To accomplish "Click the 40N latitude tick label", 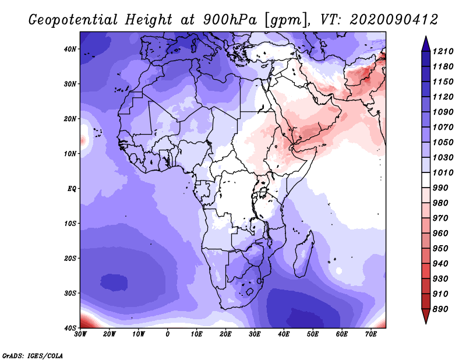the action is (x=70, y=49).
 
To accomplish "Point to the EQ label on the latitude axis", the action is (x=72, y=189).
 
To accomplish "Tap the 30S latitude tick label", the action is (x=70, y=294).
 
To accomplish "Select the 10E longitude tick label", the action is (x=196, y=334).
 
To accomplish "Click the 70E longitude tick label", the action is (x=371, y=334).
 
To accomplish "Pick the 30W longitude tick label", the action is (x=80, y=334).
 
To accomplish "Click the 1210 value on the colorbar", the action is (x=443, y=51).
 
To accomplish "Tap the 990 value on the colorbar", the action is (x=440, y=188).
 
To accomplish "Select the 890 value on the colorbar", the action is (x=440, y=309).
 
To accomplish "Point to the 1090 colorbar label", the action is (x=443, y=112).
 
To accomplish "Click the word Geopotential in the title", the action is (x=73, y=20).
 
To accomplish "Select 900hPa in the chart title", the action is (x=230, y=20).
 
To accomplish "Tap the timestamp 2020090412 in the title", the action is (x=394, y=20).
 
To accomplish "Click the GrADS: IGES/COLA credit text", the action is (x=33, y=355).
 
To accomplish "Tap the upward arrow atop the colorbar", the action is (x=426, y=44).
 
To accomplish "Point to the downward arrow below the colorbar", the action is (x=426, y=316).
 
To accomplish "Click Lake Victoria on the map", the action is (x=263, y=192).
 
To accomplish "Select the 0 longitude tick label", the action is (x=168, y=334).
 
